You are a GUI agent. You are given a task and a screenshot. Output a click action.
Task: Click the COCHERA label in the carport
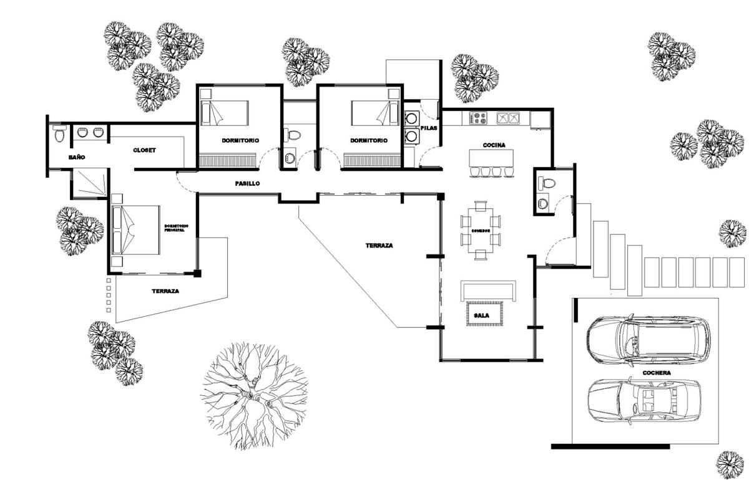655,373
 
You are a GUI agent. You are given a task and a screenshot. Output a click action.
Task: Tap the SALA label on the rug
481,315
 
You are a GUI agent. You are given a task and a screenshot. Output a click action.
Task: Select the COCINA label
494,145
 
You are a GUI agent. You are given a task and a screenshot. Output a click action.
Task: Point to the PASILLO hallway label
247,184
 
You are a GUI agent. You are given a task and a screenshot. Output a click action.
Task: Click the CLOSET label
144,150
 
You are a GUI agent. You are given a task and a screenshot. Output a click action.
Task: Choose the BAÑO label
77,158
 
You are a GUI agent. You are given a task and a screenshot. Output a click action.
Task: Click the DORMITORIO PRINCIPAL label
177,228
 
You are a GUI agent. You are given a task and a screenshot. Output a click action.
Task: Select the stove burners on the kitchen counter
478,117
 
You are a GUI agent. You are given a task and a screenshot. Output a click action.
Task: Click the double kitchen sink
507,117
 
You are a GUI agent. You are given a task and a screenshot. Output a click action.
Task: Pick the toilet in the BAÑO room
59,133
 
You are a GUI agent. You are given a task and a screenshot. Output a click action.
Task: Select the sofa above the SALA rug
488,290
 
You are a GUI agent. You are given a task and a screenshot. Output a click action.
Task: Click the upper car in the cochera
644,341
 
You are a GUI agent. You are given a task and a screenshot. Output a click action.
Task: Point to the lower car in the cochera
644,400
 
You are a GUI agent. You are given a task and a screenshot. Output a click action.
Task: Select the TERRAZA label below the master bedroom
165,291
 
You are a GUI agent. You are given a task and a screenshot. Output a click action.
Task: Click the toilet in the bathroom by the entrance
547,183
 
